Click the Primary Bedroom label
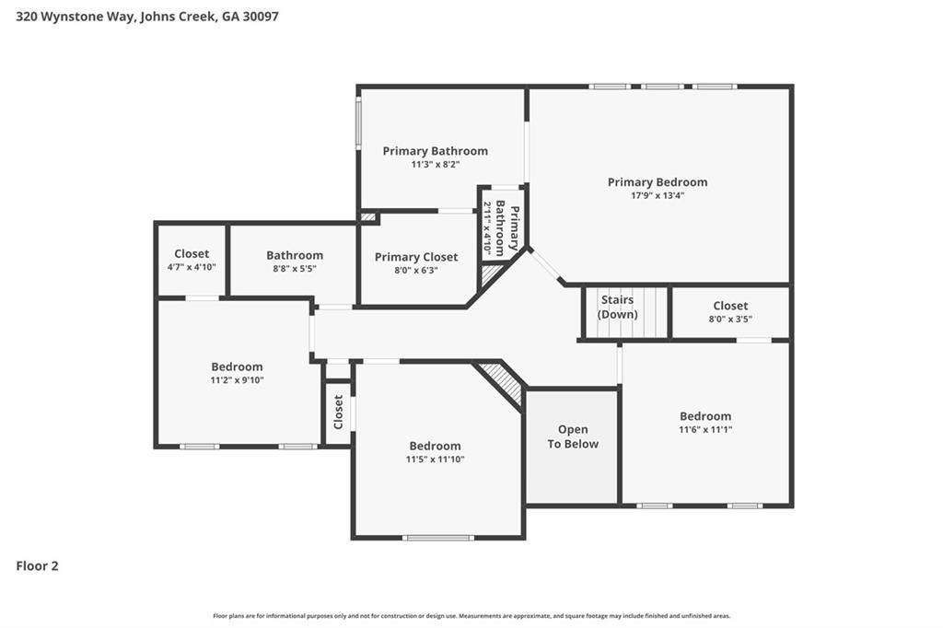coord(657,182)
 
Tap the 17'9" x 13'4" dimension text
coord(657,195)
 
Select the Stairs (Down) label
coord(617,307)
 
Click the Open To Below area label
coord(573,436)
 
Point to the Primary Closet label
coord(415,257)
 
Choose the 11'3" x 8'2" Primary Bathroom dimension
coord(435,165)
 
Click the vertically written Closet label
coord(338,412)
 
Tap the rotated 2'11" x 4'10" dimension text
coord(488,227)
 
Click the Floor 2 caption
coord(38,566)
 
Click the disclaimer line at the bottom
coord(471,616)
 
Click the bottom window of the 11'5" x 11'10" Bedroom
coord(438,537)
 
